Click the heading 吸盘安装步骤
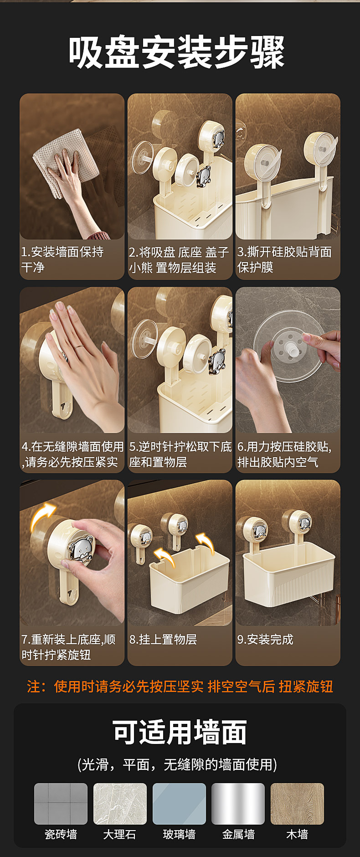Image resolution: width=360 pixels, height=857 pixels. pyautogui.click(x=177, y=53)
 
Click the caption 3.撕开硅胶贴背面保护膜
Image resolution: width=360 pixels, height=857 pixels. pyautogui.click(x=284, y=259)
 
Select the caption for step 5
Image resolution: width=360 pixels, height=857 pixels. pyautogui.click(x=180, y=454)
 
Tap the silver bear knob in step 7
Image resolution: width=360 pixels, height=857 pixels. pyautogui.click(x=81, y=550)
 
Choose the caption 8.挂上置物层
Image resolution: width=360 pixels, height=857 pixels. pyautogui.click(x=163, y=640)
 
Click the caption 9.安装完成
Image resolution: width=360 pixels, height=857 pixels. pyautogui.click(x=265, y=640)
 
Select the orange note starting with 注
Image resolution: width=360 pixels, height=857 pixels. pyautogui.click(x=180, y=686)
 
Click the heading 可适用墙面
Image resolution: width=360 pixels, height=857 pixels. pyautogui.click(x=180, y=733)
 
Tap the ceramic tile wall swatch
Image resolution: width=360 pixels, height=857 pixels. pyautogui.click(x=61, y=804)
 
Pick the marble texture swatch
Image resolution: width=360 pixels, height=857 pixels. pyautogui.click(x=120, y=804)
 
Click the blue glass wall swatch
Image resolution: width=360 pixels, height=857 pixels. pyautogui.click(x=179, y=804)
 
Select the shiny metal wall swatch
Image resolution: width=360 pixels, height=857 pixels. pyautogui.click(x=238, y=804)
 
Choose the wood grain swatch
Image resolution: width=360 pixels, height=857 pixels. pyautogui.click(x=297, y=804)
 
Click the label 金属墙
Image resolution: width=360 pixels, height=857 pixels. pyautogui.click(x=238, y=835)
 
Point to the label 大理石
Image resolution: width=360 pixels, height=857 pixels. pyautogui.click(x=119, y=835)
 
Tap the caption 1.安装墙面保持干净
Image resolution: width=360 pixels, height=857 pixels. pyautogui.click(x=62, y=259)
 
